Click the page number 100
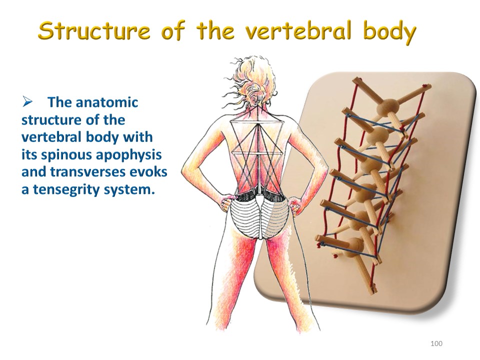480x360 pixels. pyautogui.click(x=436, y=343)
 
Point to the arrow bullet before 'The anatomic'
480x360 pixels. pyautogui.click(x=27, y=102)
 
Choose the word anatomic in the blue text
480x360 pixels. pyautogui.click(x=106, y=102)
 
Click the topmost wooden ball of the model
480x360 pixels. pyautogui.click(x=388, y=107)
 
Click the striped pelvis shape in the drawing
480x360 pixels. pyautogui.click(x=259, y=216)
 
